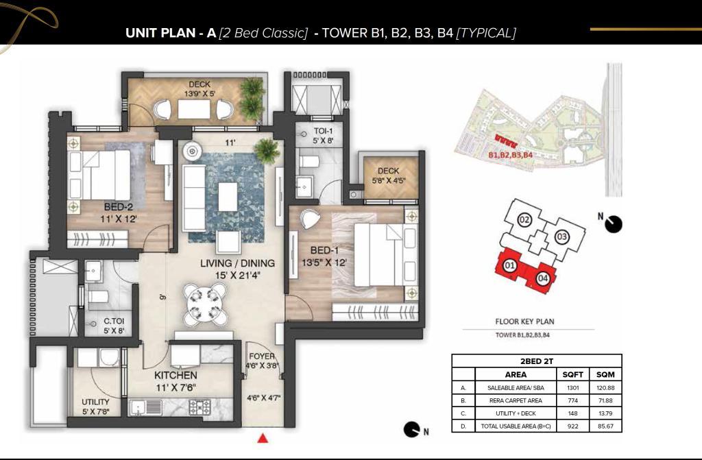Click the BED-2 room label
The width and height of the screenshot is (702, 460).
coord(118,208)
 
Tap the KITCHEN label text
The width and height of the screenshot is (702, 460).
coord(175,376)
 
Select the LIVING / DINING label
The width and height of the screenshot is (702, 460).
coord(237,263)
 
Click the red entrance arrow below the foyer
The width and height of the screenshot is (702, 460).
coord(263,439)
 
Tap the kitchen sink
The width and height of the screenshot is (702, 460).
coord(147,408)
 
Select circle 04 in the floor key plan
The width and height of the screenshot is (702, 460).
coord(542,278)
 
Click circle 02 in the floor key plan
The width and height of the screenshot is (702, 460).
coord(524,219)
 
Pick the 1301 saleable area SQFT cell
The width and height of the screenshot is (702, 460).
coord(572,388)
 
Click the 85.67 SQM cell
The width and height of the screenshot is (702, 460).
coord(605,426)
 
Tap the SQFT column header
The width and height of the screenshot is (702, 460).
coord(572,374)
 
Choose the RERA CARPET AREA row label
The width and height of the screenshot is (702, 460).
coord(516,401)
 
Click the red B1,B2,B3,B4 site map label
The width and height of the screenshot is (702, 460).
coord(510,155)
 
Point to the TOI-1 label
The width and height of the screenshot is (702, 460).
coord(323,131)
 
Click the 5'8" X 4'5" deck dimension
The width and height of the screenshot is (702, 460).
coord(389,181)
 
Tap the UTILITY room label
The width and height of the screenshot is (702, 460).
coord(95,402)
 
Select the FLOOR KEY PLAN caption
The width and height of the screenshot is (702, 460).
coord(524,322)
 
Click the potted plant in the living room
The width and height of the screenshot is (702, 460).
coord(267,149)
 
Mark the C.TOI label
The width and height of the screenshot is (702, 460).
coord(114,321)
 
